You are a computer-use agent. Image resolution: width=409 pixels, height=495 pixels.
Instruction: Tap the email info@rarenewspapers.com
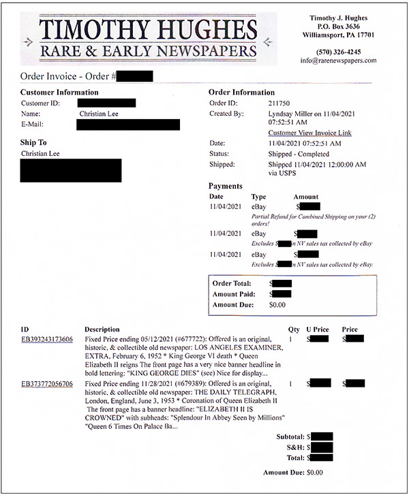(338, 61)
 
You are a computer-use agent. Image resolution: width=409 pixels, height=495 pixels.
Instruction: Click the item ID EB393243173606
(47, 338)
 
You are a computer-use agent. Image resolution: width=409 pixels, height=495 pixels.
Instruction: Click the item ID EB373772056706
(47, 384)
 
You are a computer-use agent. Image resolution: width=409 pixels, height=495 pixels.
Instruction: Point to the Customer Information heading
(59, 93)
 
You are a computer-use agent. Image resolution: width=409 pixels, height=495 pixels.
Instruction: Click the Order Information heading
(241, 93)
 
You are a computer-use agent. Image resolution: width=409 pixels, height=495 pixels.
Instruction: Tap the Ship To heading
(33, 143)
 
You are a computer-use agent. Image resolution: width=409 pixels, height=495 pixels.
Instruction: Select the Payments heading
(225, 186)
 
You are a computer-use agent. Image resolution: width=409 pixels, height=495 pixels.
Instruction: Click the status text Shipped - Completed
(298, 154)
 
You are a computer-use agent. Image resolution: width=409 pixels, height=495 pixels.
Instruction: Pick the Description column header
(102, 330)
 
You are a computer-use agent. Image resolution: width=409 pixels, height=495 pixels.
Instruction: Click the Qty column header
(294, 330)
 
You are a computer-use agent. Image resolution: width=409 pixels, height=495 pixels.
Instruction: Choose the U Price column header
(318, 330)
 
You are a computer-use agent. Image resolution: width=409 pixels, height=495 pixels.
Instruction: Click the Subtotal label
(290, 436)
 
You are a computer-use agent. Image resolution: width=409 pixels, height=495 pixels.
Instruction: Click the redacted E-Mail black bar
(128, 125)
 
